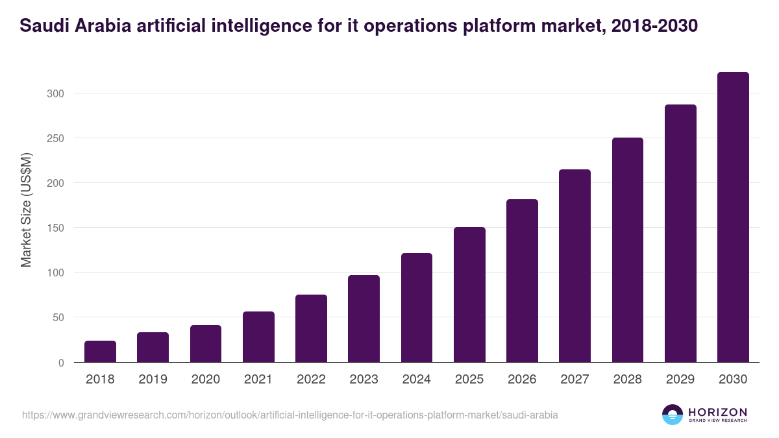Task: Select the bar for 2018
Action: click(100, 351)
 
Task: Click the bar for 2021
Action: click(258, 337)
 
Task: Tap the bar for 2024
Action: click(417, 308)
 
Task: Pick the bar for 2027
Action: click(575, 266)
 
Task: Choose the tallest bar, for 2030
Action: click(733, 217)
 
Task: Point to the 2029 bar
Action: click(680, 234)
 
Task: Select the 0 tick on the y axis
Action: click(61, 363)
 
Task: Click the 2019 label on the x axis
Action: click(153, 380)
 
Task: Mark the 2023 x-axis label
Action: click(364, 380)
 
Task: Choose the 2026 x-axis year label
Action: click(522, 380)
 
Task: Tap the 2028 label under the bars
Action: click(628, 380)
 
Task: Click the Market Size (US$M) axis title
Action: click(26, 210)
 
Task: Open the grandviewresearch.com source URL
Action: click(290, 415)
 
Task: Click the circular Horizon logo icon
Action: click(673, 415)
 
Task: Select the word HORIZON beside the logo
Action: click(717, 411)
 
